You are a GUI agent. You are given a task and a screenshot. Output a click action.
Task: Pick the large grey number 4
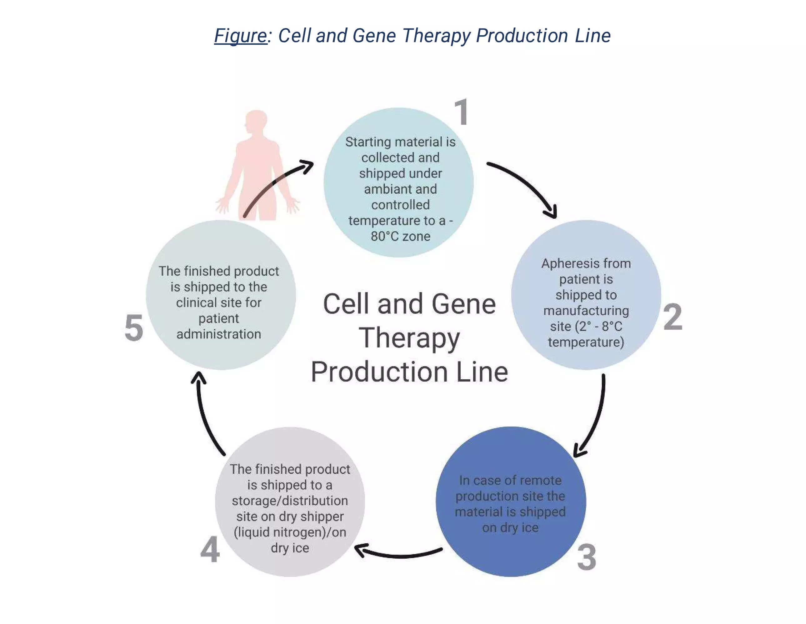point(210,549)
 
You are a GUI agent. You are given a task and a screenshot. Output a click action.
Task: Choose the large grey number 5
point(133,327)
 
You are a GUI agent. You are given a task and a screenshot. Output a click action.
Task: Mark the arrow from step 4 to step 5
point(204,413)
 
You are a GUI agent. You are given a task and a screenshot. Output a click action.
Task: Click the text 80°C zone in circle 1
point(400,236)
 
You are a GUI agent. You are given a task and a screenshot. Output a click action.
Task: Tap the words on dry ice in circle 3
point(510,528)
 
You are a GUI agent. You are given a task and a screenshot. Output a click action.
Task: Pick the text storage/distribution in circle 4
point(290,501)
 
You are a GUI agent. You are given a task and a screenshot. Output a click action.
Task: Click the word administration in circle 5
point(219,334)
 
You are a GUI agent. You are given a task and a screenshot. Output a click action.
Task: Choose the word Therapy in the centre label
point(409,338)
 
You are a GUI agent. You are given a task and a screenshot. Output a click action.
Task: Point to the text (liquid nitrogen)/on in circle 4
point(290,532)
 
